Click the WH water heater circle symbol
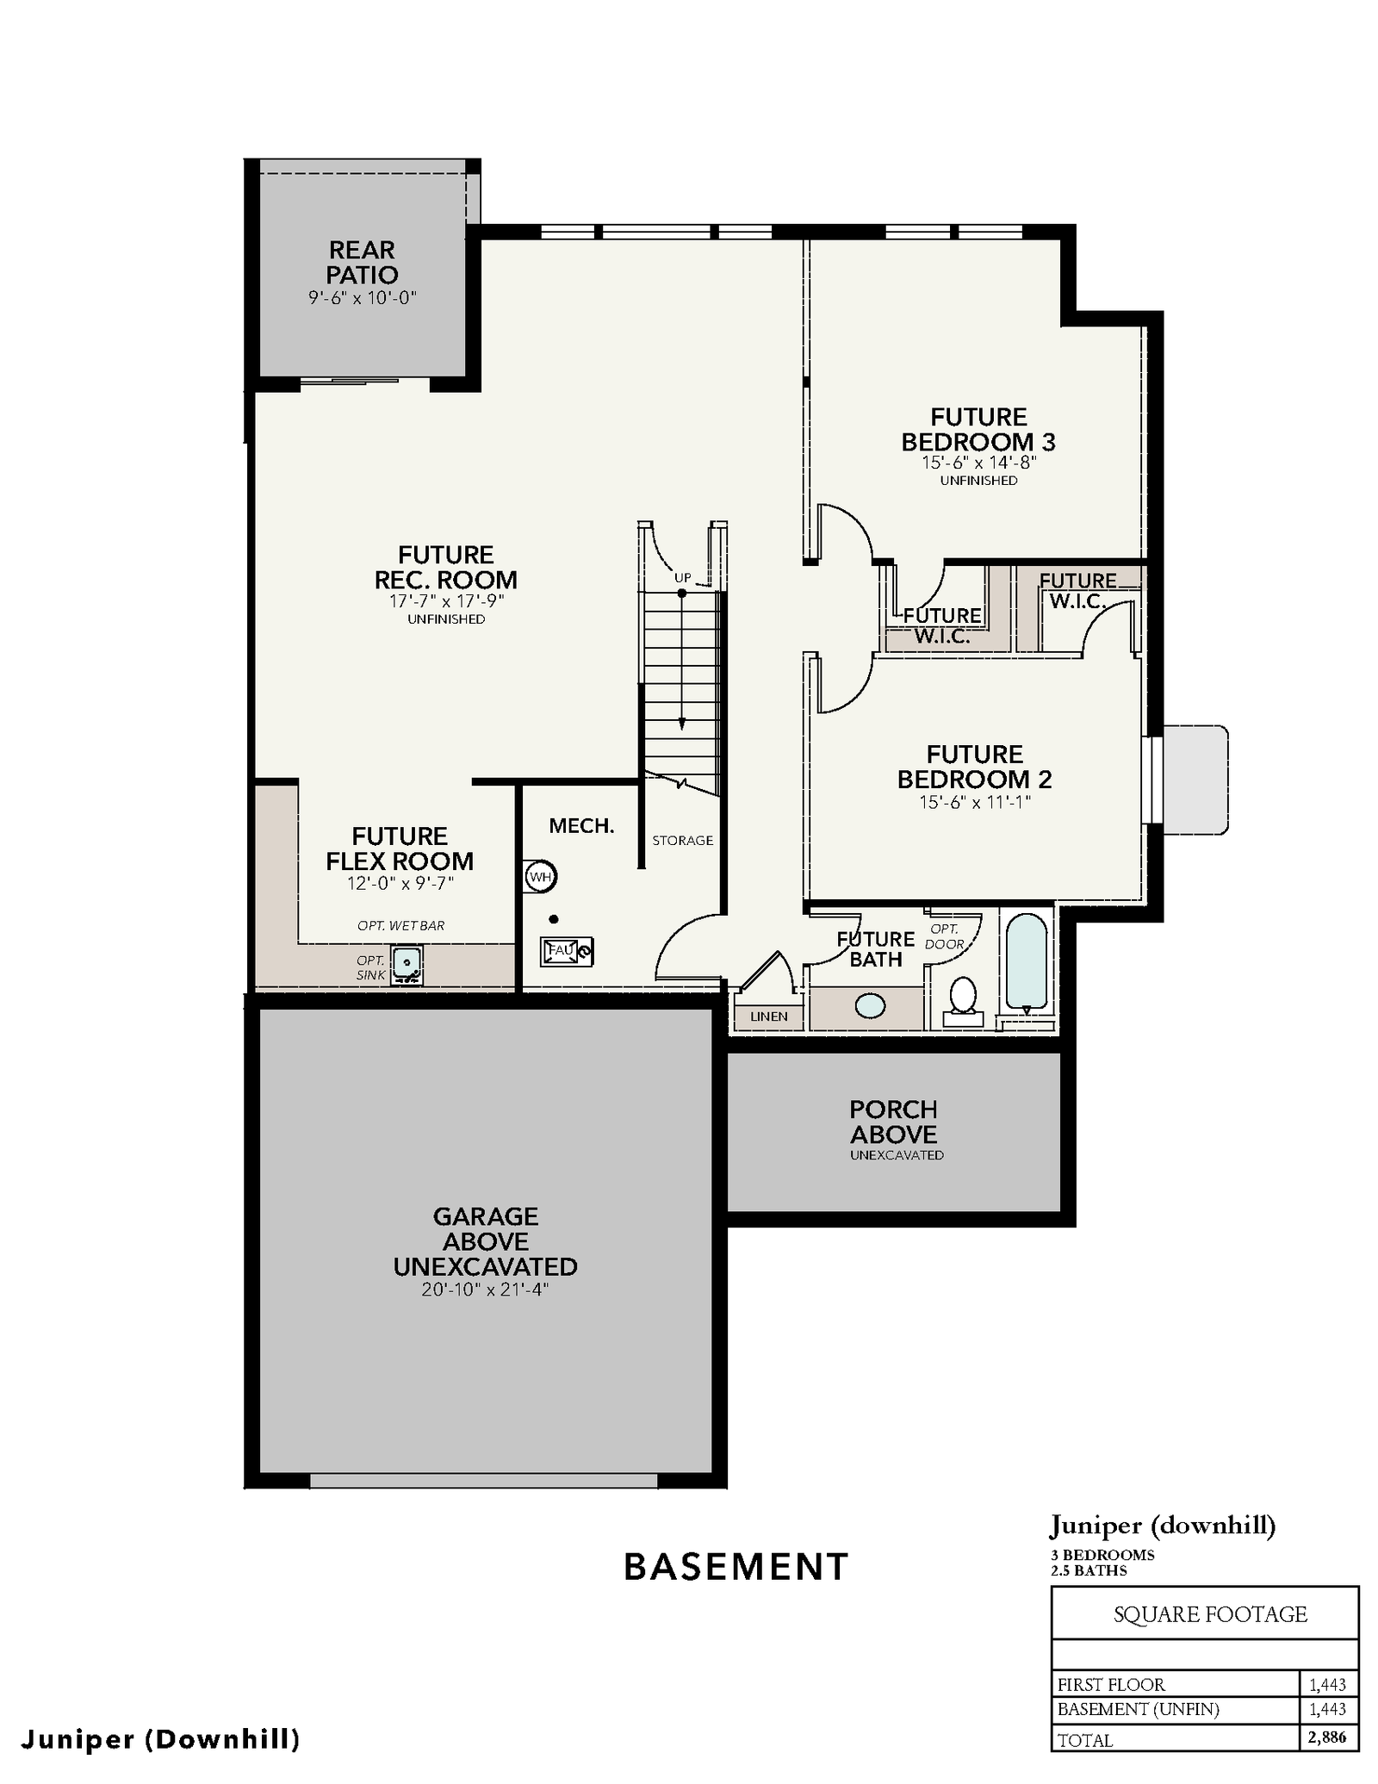pos(540,877)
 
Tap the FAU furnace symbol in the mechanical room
pos(567,951)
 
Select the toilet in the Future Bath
pos(963,1001)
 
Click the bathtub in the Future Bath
pos(1026,962)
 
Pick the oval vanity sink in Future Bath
pos(871,1005)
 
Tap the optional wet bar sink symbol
pos(407,965)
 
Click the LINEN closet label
pos(769,1016)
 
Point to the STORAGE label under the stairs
pos(682,840)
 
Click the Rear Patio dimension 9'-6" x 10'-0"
pos(363,298)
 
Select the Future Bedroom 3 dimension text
pos(979,462)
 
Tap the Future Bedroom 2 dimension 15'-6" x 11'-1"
pos(975,802)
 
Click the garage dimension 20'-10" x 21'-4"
pos(485,1290)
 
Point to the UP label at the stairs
pos(682,577)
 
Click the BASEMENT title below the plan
pos(736,1567)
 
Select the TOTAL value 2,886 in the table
pos(1327,1737)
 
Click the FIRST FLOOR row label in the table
pos(1111,1684)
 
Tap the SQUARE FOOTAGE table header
pos(1210,1614)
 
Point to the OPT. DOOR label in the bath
pos(945,936)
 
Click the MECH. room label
pos(582,826)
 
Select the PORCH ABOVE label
pos(894,1122)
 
